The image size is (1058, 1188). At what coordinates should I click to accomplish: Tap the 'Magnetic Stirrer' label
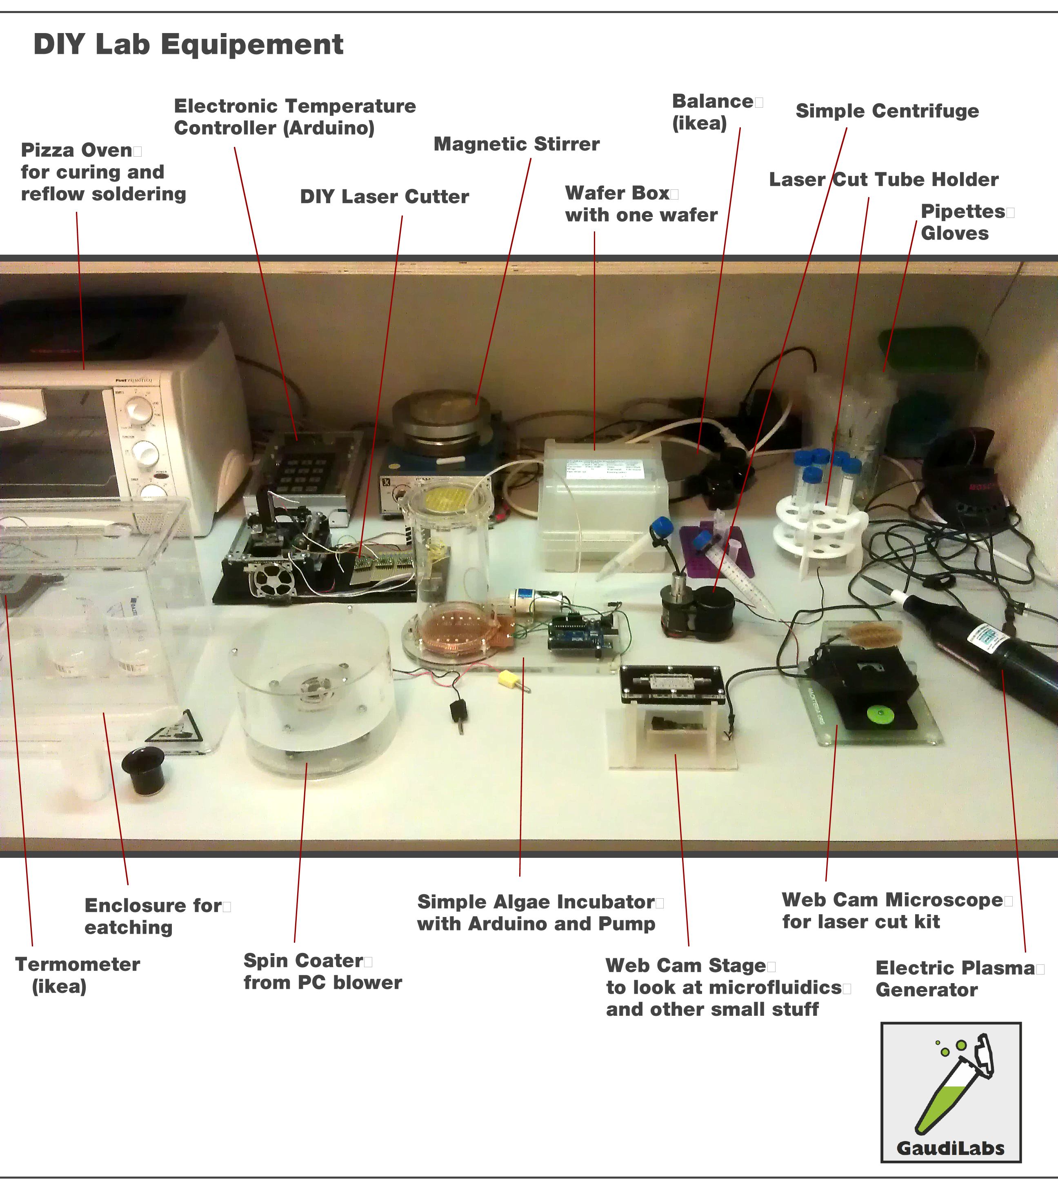coord(516,144)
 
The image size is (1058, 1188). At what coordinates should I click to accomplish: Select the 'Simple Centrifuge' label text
coord(887,111)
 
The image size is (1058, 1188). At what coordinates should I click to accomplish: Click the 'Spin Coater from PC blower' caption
coord(322,971)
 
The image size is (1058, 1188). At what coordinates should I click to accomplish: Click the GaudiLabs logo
coord(951,1092)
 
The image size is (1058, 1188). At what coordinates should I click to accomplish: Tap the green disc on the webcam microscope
coord(878,713)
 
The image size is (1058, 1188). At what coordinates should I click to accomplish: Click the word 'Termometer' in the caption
coord(77,964)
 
